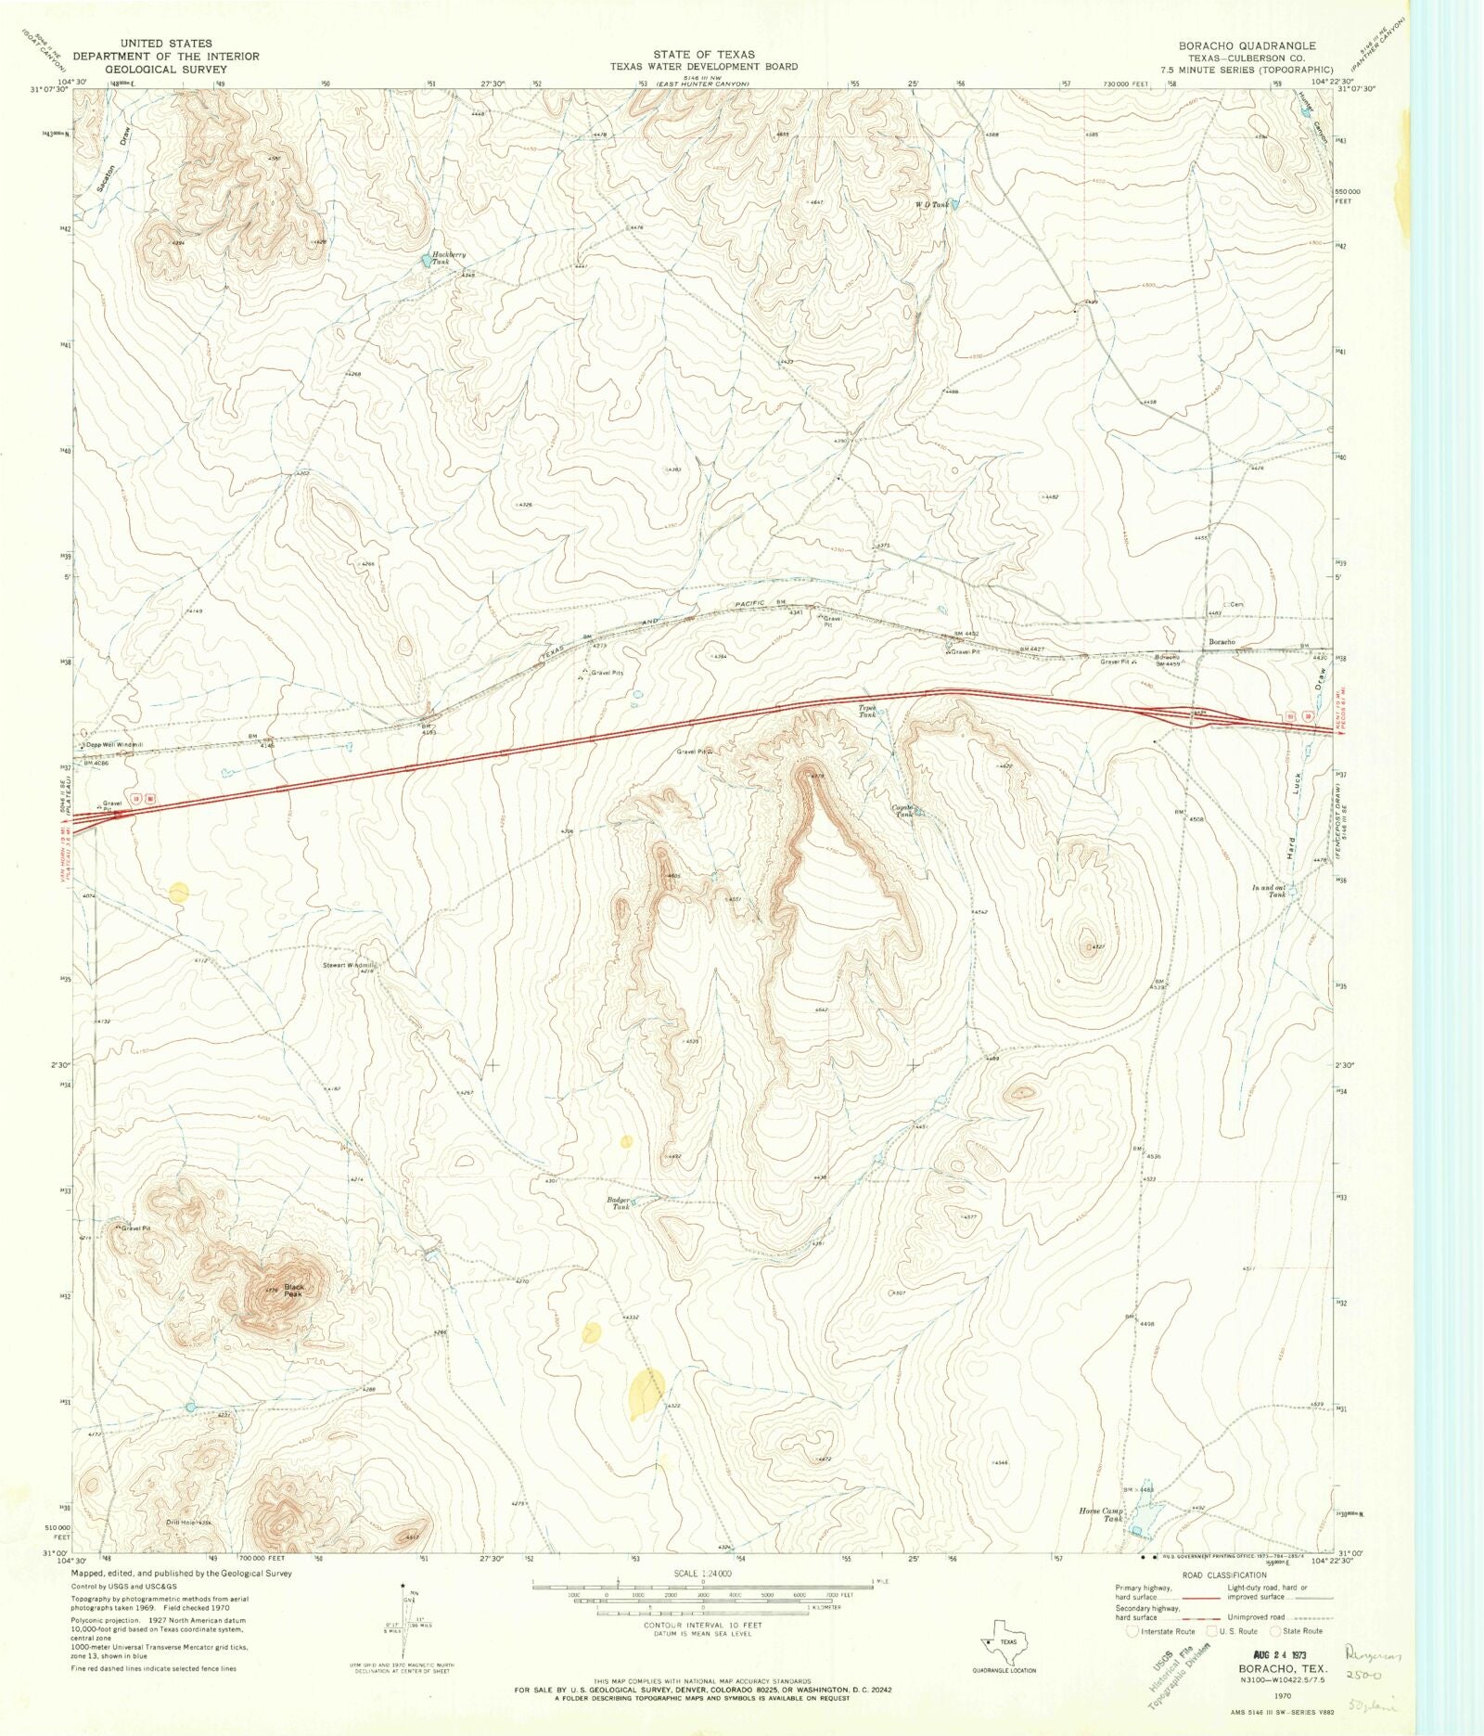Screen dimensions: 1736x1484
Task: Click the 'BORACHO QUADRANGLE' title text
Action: (1247, 45)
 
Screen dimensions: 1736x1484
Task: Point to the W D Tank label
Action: (932, 204)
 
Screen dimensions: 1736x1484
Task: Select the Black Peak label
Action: (293, 1291)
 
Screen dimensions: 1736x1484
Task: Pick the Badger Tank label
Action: (619, 1203)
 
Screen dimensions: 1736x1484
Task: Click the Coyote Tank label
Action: (903, 810)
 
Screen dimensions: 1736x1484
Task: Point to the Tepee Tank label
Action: (867, 712)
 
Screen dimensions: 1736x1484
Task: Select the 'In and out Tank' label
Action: (1269, 891)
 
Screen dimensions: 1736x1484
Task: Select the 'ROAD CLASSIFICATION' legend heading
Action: (1223, 1575)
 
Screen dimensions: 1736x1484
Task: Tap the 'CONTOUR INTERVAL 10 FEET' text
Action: (702, 1625)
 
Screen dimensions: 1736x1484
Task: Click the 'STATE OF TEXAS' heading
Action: (703, 55)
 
